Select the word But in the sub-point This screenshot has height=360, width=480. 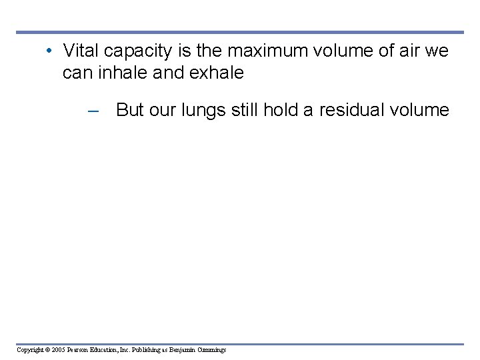[130, 110]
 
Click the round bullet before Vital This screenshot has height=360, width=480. [50, 51]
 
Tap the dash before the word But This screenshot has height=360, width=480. [93, 111]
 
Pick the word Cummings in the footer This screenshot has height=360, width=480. [212, 350]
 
